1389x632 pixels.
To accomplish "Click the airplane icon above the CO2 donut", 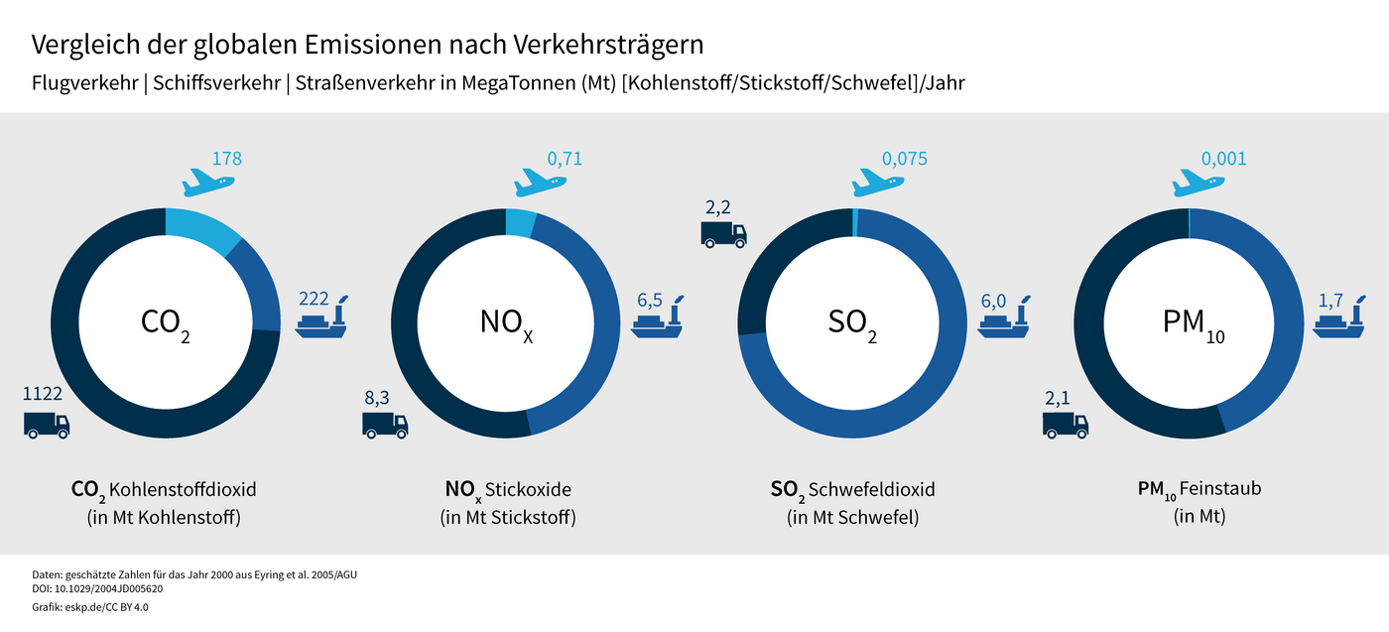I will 208,182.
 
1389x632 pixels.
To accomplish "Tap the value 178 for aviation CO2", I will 226,159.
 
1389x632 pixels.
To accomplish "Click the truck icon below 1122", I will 47,425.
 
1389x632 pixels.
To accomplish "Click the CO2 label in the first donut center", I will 165,322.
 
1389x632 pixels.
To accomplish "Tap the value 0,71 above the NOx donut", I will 565,159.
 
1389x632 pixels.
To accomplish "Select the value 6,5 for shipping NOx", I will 649,300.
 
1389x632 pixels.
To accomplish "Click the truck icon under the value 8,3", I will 385,425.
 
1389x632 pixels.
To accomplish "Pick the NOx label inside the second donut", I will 507,322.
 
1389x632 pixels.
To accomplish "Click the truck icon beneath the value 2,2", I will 723,233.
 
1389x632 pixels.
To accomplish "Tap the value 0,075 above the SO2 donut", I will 905,159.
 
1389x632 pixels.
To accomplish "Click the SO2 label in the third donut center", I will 852,322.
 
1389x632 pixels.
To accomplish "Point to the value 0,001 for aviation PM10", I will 1224,159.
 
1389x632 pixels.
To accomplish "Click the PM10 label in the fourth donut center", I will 1191,323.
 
